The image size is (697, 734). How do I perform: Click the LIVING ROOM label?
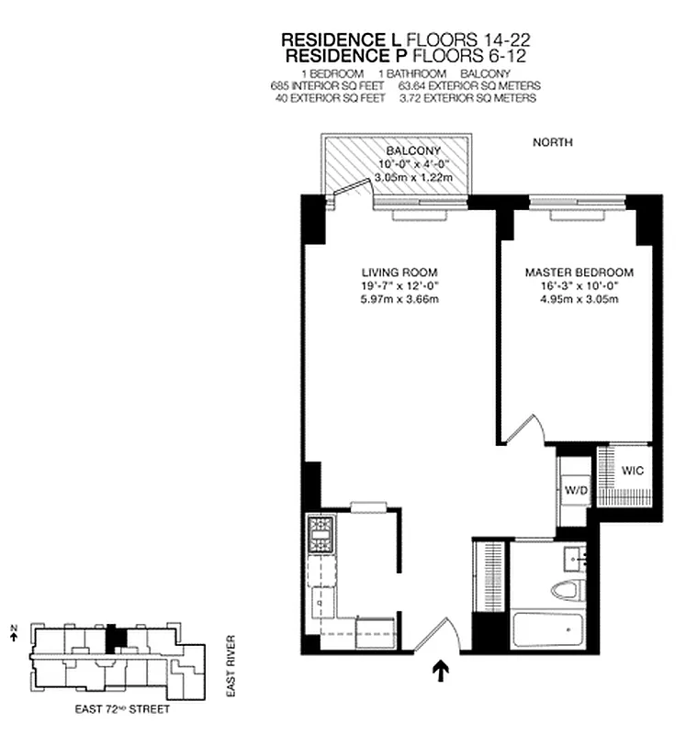(399, 272)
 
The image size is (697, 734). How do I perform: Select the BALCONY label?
(413, 151)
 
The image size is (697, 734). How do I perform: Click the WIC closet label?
(632, 471)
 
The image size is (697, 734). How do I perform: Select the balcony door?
(349, 190)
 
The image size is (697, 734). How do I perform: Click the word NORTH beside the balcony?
(553, 143)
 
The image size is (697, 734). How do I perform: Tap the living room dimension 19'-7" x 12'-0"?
(399, 285)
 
